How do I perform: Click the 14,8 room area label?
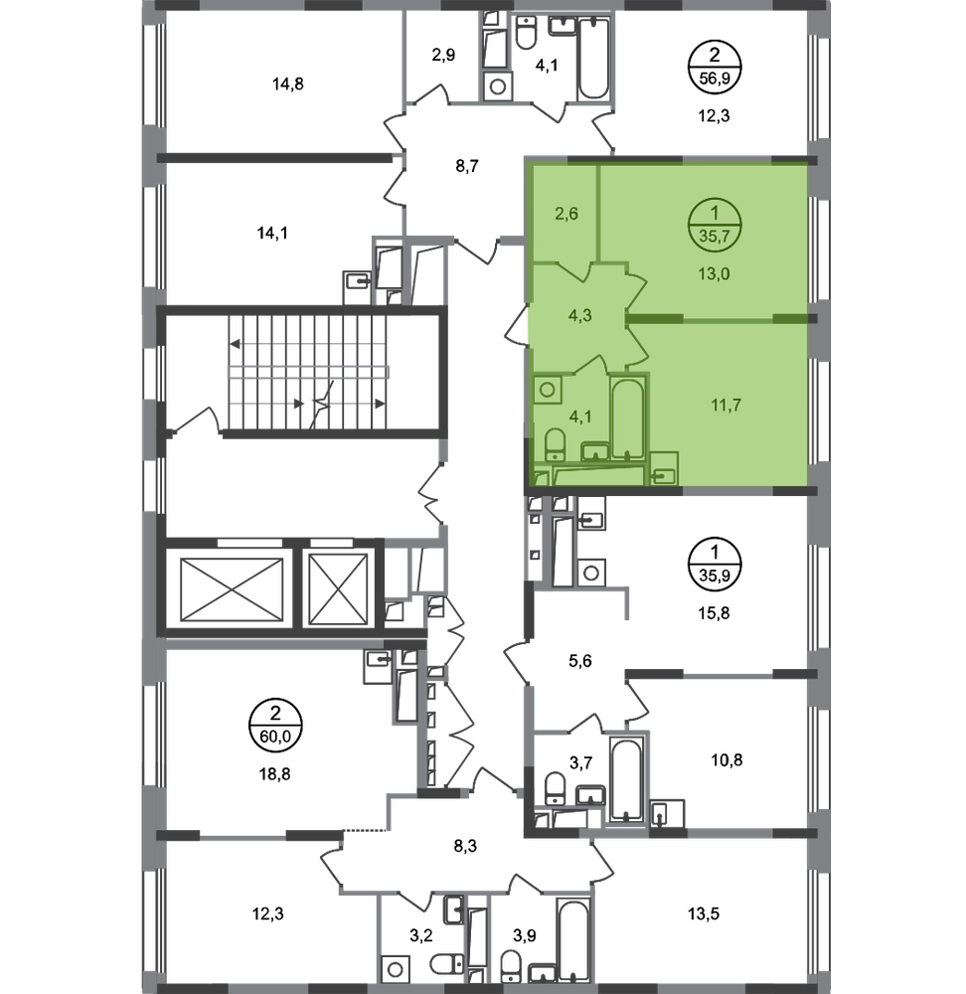(x=288, y=83)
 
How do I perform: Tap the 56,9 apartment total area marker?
(x=715, y=67)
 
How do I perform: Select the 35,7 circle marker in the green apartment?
(x=715, y=226)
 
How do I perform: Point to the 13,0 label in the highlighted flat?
(x=714, y=274)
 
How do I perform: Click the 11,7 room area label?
(x=726, y=405)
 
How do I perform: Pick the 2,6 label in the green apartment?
(x=566, y=214)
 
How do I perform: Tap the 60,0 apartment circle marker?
(x=275, y=726)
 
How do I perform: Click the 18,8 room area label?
(x=274, y=774)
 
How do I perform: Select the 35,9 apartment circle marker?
(x=715, y=565)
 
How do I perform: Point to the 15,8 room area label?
(x=714, y=613)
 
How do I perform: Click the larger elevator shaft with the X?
(x=232, y=589)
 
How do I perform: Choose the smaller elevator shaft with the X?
(x=339, y=589)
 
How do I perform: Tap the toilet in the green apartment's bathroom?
(x=556, y=444)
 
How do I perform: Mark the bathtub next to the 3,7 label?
(x=626, y=779)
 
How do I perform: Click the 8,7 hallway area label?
(x=466, y=166)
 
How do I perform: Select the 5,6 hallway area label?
(x=579, y=661)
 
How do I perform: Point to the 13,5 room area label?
(x=704, y=914)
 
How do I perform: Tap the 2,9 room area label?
(x=443, y=55)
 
